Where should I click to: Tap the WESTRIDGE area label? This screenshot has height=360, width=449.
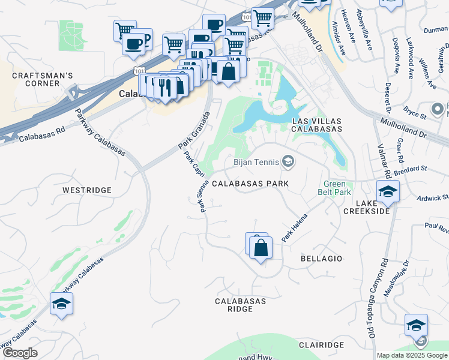[87, 190]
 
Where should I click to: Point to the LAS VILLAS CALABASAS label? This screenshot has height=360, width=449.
[316, 125]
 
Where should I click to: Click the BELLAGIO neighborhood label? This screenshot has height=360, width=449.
[321, 259]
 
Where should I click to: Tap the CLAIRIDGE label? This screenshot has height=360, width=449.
[321, 345]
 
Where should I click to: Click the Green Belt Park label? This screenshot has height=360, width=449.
[337, 188]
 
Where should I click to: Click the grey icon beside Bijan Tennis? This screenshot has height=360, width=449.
[289, 161]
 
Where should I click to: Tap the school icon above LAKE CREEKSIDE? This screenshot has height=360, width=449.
[387, 192]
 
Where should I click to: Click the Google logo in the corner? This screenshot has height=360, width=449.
[20, 353]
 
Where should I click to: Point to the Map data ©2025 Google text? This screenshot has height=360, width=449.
[411, 355]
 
